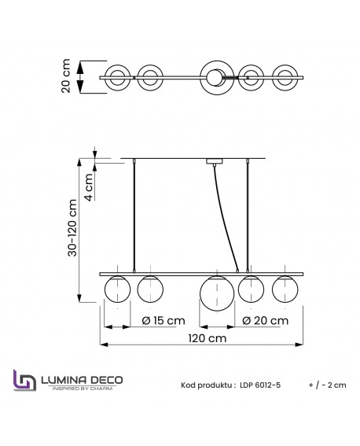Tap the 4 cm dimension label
tap(89, 187)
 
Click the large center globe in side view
tap(215, 292)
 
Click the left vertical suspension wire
tap(135, 216)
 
